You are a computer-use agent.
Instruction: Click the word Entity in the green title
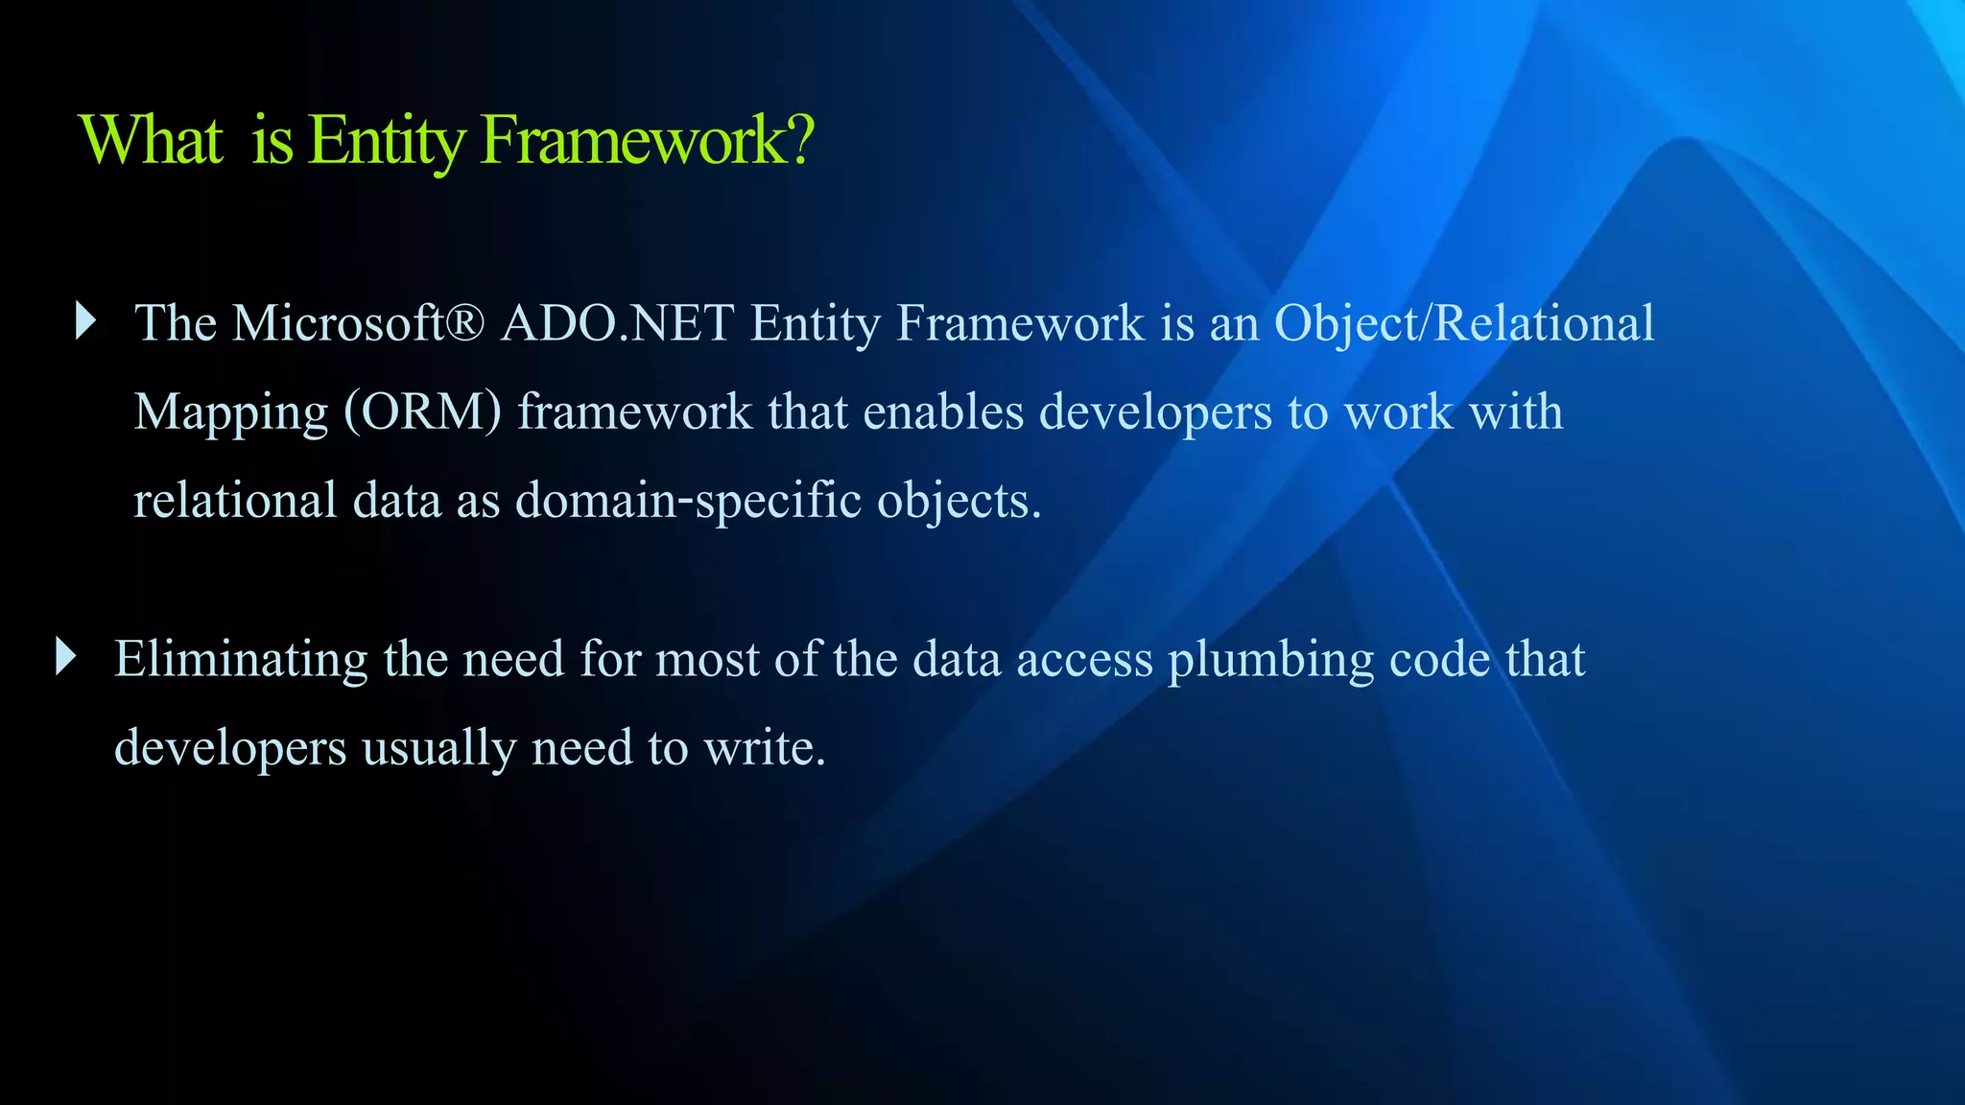pos(387,141)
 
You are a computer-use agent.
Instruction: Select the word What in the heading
pos(152,141)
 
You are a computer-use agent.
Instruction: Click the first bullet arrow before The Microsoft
pos(86,321)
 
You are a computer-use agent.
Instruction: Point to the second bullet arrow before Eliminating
pos(65,657)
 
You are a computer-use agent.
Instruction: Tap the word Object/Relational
pos(1464,323)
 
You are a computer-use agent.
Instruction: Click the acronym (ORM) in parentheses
pos(423,411)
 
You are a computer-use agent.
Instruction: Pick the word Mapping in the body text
pos(231,413)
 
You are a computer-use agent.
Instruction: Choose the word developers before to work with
pos(1156,413)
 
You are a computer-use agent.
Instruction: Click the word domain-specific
pos(688,501)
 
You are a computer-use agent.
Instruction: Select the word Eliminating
pos(241,659)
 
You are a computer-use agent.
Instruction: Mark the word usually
pos(438,748)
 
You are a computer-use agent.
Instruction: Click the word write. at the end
pos(765,747)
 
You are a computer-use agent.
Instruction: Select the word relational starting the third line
pos(235,501)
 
